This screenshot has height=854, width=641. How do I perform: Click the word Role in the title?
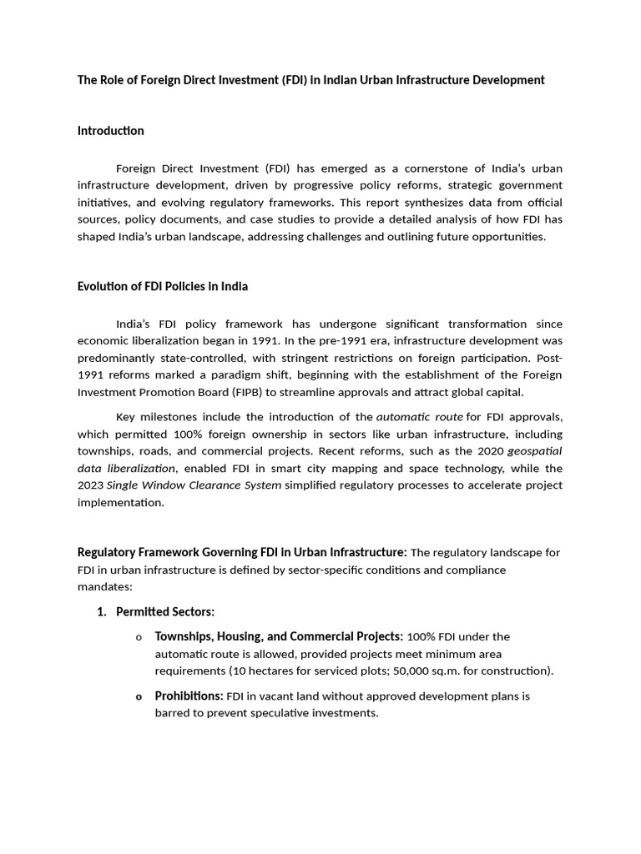[x=114, y=80]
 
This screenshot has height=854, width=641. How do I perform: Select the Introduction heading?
[x=110, y=131]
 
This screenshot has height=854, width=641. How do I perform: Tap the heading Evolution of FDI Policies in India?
[x=162, y=286]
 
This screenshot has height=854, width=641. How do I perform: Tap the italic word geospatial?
[x=535, y=451]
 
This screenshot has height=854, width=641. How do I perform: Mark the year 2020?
[x=490, y=451]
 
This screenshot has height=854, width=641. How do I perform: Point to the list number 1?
[x=101, y=612]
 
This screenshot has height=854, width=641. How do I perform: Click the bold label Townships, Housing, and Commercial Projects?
[x=279, y=637]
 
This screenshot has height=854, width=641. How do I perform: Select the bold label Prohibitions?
[x=189, y=696]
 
